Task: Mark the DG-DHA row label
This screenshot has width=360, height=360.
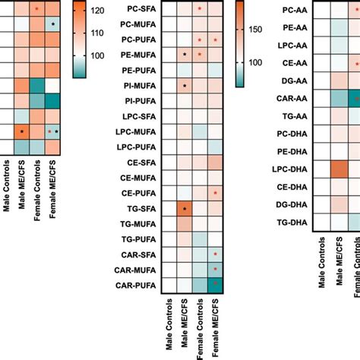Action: click(x=294, y=204)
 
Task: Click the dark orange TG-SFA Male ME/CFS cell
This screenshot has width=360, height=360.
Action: click(x=185, y=207)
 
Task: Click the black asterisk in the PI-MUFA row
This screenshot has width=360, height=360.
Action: click(x=185, y=86)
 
